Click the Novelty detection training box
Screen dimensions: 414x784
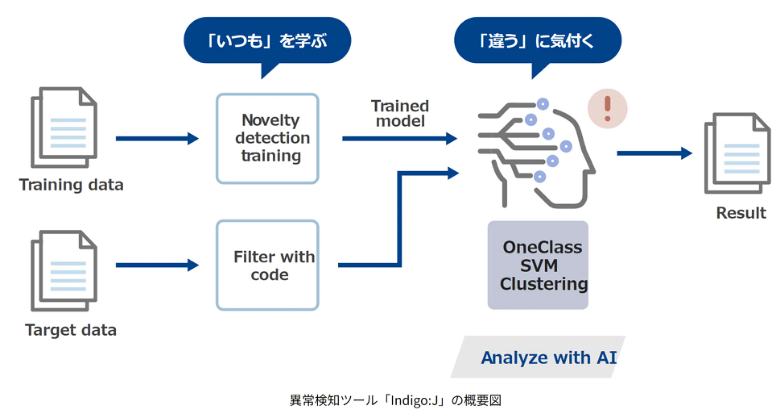coord(267,139)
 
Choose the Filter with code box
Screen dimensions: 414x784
coord(267,265)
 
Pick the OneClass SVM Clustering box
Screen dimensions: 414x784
coord(538,265)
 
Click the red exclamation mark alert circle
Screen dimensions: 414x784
coord(607,109)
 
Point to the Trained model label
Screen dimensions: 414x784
coord(400,114)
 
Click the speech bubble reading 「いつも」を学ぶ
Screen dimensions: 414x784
coord(267,40)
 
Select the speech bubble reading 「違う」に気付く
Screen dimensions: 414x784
coord(537,40)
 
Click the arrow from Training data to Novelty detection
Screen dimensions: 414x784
coord(157,139)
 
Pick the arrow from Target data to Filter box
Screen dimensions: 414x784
coord(157,265)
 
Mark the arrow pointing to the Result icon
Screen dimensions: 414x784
coord(654,153)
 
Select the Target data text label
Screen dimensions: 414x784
coord(71,330)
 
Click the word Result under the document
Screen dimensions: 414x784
coord(741,213)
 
